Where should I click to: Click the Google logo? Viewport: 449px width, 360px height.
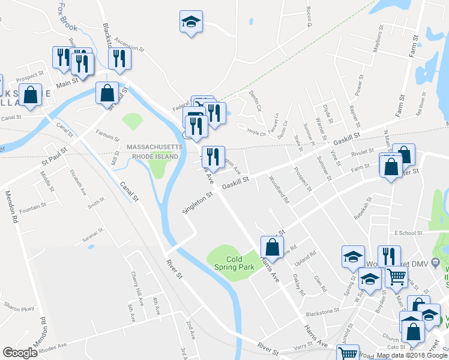20,353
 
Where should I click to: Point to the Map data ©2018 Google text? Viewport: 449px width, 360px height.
412,355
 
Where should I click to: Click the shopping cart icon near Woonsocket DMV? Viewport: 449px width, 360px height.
396,278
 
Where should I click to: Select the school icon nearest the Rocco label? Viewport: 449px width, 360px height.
191,22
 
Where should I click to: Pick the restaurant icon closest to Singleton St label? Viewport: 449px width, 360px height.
213,157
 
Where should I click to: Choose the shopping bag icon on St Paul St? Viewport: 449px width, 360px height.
107,93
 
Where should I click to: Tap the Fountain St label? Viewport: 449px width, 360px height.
32,207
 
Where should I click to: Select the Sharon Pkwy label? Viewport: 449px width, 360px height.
18,304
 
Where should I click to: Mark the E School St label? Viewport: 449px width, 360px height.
409,233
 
